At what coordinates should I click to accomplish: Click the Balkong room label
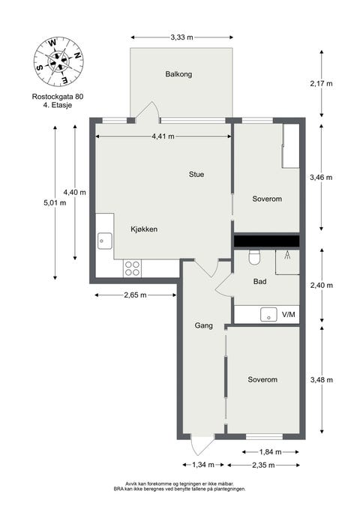coord(178,74)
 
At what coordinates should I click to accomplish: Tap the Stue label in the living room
coord(196,175)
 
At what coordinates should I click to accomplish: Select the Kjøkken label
coord(144,229)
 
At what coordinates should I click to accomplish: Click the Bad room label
coord(260,281)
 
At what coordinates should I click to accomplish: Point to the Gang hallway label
coord(204,325)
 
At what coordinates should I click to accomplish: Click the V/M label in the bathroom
coord(289,314)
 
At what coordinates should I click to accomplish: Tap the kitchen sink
coord(104,241)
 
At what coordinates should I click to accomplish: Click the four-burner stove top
coord(132,268)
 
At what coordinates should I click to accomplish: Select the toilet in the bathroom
coord(254,257)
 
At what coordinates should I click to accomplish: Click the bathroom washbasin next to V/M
coord(268,314)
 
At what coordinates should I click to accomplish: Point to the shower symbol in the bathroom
coord(287,255)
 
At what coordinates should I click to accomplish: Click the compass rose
coord(58,61)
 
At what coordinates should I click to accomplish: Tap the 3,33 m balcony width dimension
coord(182,37)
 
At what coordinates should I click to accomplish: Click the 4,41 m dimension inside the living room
coord(163,136)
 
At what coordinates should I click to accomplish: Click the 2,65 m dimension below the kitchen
coord(135,295)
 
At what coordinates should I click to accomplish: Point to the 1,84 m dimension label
coord(270,452)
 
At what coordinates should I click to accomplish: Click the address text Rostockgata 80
coord(58,97)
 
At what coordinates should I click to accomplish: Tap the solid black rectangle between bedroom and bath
coord(267,241)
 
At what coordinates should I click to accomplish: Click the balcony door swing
coord(147,112)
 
